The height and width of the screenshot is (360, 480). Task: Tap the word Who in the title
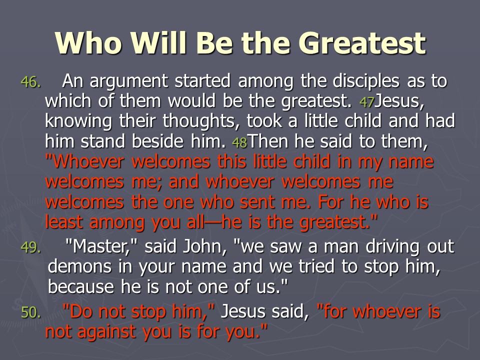pos(88,42)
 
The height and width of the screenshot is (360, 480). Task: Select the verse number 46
pos(30,82)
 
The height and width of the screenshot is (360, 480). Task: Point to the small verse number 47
pos(366,102)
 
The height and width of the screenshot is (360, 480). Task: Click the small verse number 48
pos(239,142)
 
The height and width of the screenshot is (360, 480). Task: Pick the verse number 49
pos(30,247)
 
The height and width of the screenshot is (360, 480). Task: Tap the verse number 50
pos(30,312)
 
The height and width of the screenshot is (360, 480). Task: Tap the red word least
pos(64,222)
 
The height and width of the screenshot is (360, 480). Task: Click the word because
pos(81,287)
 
